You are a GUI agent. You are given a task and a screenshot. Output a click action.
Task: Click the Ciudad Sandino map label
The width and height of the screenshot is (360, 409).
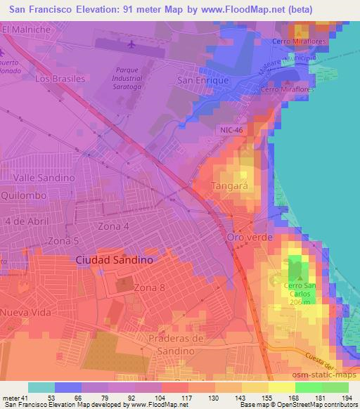tap(114, 259)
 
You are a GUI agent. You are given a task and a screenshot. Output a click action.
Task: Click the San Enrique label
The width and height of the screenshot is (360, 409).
tap(204, 81)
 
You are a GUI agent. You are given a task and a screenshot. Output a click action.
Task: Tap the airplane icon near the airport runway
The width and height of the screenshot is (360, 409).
tap(131, 44)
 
